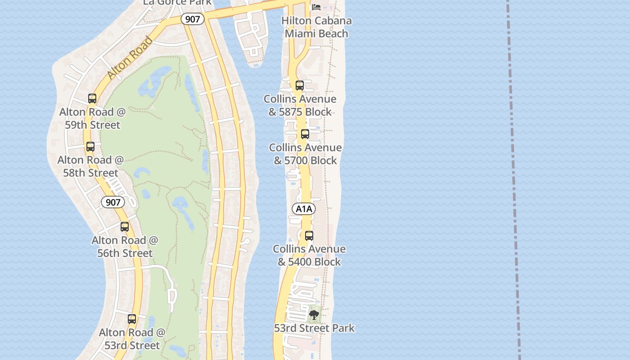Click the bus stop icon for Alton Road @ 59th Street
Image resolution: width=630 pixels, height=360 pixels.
(x=92, y=98)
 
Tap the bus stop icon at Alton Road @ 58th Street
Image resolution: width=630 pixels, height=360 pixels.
(x=90, y=146)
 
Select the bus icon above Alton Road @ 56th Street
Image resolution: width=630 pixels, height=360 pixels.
(x=125, y=227)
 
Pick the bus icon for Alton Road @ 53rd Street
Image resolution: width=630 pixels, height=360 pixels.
(x=132, y=319)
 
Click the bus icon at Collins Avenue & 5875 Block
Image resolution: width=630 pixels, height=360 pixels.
(x=300, y=85)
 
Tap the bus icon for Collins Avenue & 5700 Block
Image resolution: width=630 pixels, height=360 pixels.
(x=305, y=134)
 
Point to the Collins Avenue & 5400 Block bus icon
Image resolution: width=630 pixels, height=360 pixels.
(x=309, y=235)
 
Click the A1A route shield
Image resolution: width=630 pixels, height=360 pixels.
(x=304, y=209)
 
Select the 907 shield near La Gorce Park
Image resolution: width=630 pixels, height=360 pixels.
(x=193, y=19)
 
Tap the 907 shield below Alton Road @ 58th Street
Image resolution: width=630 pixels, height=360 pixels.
(x=112, y=202)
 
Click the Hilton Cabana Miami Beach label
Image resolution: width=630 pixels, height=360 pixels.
(x=316, y=27)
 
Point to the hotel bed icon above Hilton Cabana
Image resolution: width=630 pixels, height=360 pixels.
(x=316, y=7)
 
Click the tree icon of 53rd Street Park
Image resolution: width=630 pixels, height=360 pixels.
(x=314, y=315)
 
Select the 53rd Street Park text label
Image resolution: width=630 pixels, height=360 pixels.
(x=314, y=328)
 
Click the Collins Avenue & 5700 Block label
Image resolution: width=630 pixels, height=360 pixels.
(x=306, y=154)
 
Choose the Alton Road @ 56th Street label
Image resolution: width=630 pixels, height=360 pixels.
(x=125, y=247)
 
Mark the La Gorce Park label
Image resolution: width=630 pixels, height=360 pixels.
(x=177, y=3)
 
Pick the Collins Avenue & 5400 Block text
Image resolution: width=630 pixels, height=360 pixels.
(x=309, y=255)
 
